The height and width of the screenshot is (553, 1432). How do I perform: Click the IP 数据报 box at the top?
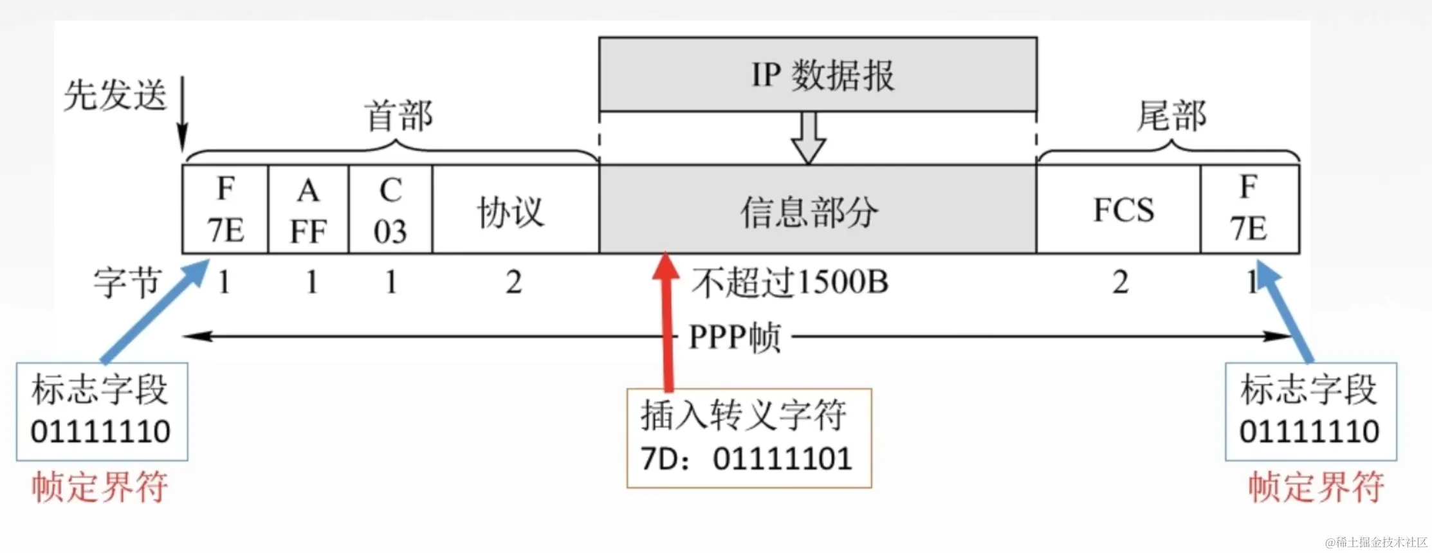[818, 75]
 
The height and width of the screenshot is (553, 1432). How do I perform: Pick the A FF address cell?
[308, 210]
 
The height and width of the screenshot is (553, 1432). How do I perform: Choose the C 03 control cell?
[390, 210]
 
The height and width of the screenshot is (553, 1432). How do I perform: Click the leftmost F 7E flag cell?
[225, 210]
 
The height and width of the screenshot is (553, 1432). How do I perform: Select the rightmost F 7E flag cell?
[1249, 210]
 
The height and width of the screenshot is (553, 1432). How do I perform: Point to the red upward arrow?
[667, 322]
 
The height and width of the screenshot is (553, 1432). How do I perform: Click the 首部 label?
[399, 116]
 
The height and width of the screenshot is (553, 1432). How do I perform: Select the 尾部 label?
[1171, 116]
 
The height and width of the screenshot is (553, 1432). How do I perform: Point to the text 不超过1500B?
[790, 282]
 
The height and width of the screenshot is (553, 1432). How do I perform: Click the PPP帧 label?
[735, 337]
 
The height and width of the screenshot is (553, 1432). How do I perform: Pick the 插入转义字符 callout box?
[749, 437]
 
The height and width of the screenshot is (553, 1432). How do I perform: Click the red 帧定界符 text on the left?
[100, 487]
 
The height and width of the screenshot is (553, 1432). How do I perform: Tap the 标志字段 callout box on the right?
[1310, 412]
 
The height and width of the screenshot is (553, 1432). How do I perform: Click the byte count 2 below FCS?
[1120, 282]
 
